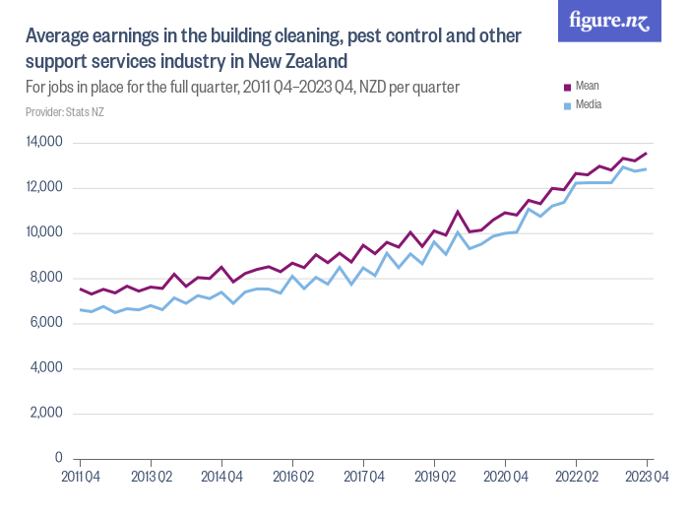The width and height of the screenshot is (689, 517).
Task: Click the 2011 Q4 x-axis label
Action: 81,477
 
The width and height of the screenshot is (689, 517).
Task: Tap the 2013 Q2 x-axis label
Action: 151,477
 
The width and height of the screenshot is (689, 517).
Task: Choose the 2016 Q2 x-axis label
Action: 292,477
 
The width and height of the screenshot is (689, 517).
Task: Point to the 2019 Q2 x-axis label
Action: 434,477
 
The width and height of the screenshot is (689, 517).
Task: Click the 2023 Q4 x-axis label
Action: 647,477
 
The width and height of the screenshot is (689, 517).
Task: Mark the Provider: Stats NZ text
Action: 65,112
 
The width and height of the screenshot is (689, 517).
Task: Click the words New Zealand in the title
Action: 296,61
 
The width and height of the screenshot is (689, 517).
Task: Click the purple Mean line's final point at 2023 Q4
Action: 646,154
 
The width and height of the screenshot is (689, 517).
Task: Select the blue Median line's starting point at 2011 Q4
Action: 81,310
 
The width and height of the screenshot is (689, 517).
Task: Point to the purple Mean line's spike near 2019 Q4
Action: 458,212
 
